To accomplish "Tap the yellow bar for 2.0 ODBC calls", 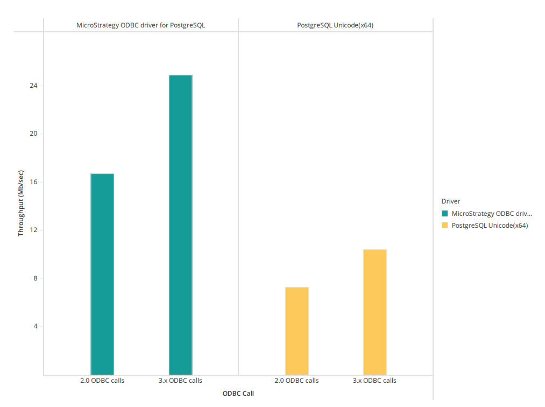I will point(296,331).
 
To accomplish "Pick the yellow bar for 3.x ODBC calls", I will point(374,312).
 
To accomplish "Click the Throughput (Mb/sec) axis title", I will point(21,203).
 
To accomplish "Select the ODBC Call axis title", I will point(238,394).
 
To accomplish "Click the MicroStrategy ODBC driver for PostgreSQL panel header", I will point(140,25).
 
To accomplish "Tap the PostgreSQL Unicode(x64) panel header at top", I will point(335,25).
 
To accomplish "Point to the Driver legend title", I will point(450,201).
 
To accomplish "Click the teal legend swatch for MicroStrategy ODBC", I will point(444,213).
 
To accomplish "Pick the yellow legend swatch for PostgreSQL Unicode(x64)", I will point(444,226).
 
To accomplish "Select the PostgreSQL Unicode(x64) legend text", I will point(490,226).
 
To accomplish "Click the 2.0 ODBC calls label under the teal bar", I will point(102,381).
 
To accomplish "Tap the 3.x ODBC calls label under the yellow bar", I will point(374,381).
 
